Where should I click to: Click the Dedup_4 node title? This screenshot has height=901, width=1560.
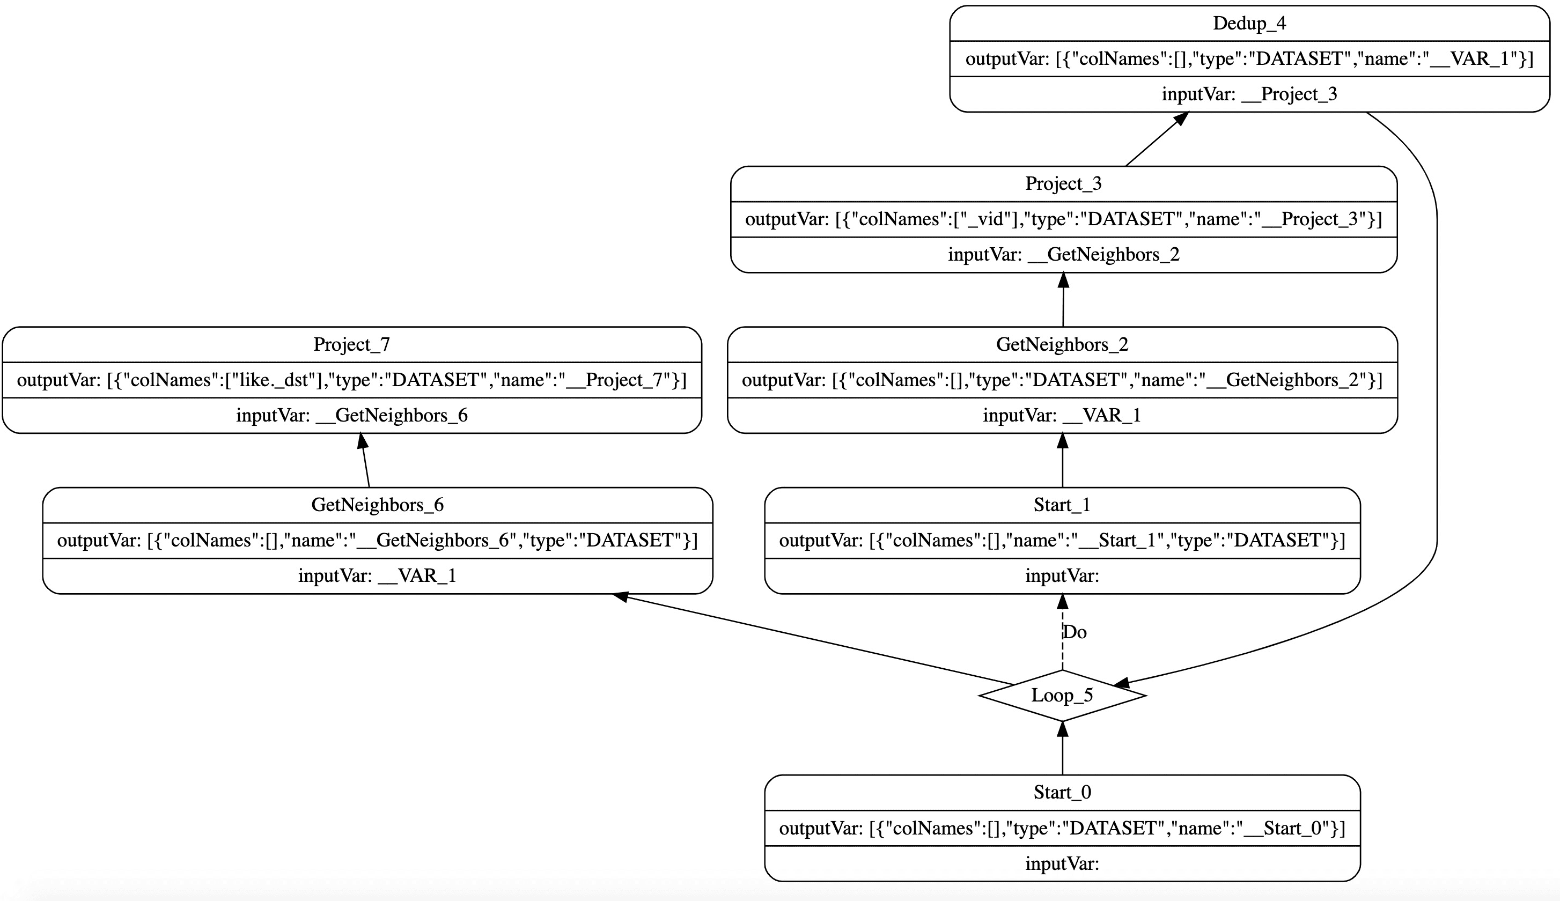(x=1249, y=24)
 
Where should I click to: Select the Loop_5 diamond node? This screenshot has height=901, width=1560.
(x=1062, y=695)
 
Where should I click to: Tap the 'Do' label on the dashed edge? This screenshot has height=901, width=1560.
(x=1075, y=632)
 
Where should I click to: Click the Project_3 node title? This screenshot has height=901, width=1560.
(x=1063, y=184)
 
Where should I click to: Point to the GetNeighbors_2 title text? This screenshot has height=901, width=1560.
(x=1062, y=345)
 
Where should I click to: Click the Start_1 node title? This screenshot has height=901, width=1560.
(x=1062, y=505)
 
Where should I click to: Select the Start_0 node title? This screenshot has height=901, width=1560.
(x=1062, y=792)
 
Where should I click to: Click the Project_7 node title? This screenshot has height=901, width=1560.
(x=351, y=345)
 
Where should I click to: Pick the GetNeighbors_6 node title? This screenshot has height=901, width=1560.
(x=378, y=505)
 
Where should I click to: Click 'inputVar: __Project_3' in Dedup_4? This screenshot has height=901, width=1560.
(x=1249, y=94)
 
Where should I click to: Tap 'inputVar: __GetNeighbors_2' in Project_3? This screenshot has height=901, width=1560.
(x=1063, y=254)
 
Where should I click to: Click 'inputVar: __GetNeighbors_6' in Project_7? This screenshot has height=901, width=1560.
(x=351, y=415)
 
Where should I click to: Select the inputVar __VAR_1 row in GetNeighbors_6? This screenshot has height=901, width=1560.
(x=378, y=576)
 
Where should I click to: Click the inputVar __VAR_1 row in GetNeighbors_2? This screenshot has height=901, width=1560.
(x=1062, y=415)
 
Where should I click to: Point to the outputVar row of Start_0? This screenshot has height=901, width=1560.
(x=1062, y=828)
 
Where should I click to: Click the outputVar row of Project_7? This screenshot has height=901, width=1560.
(x=351, y=380)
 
